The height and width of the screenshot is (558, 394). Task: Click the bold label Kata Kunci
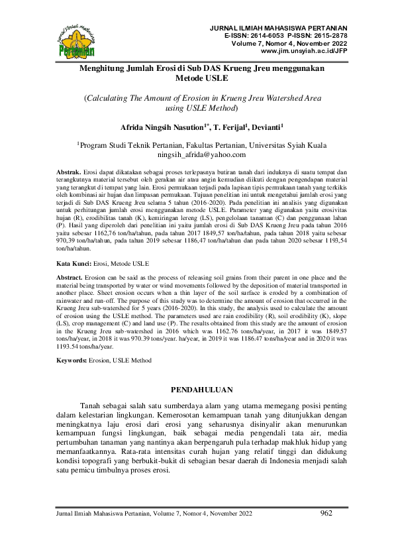click(x=73, y=263)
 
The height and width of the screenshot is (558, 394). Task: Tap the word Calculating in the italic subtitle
click(x=110, y=97)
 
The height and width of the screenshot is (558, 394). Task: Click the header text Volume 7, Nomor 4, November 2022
click(x=289, y=43)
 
